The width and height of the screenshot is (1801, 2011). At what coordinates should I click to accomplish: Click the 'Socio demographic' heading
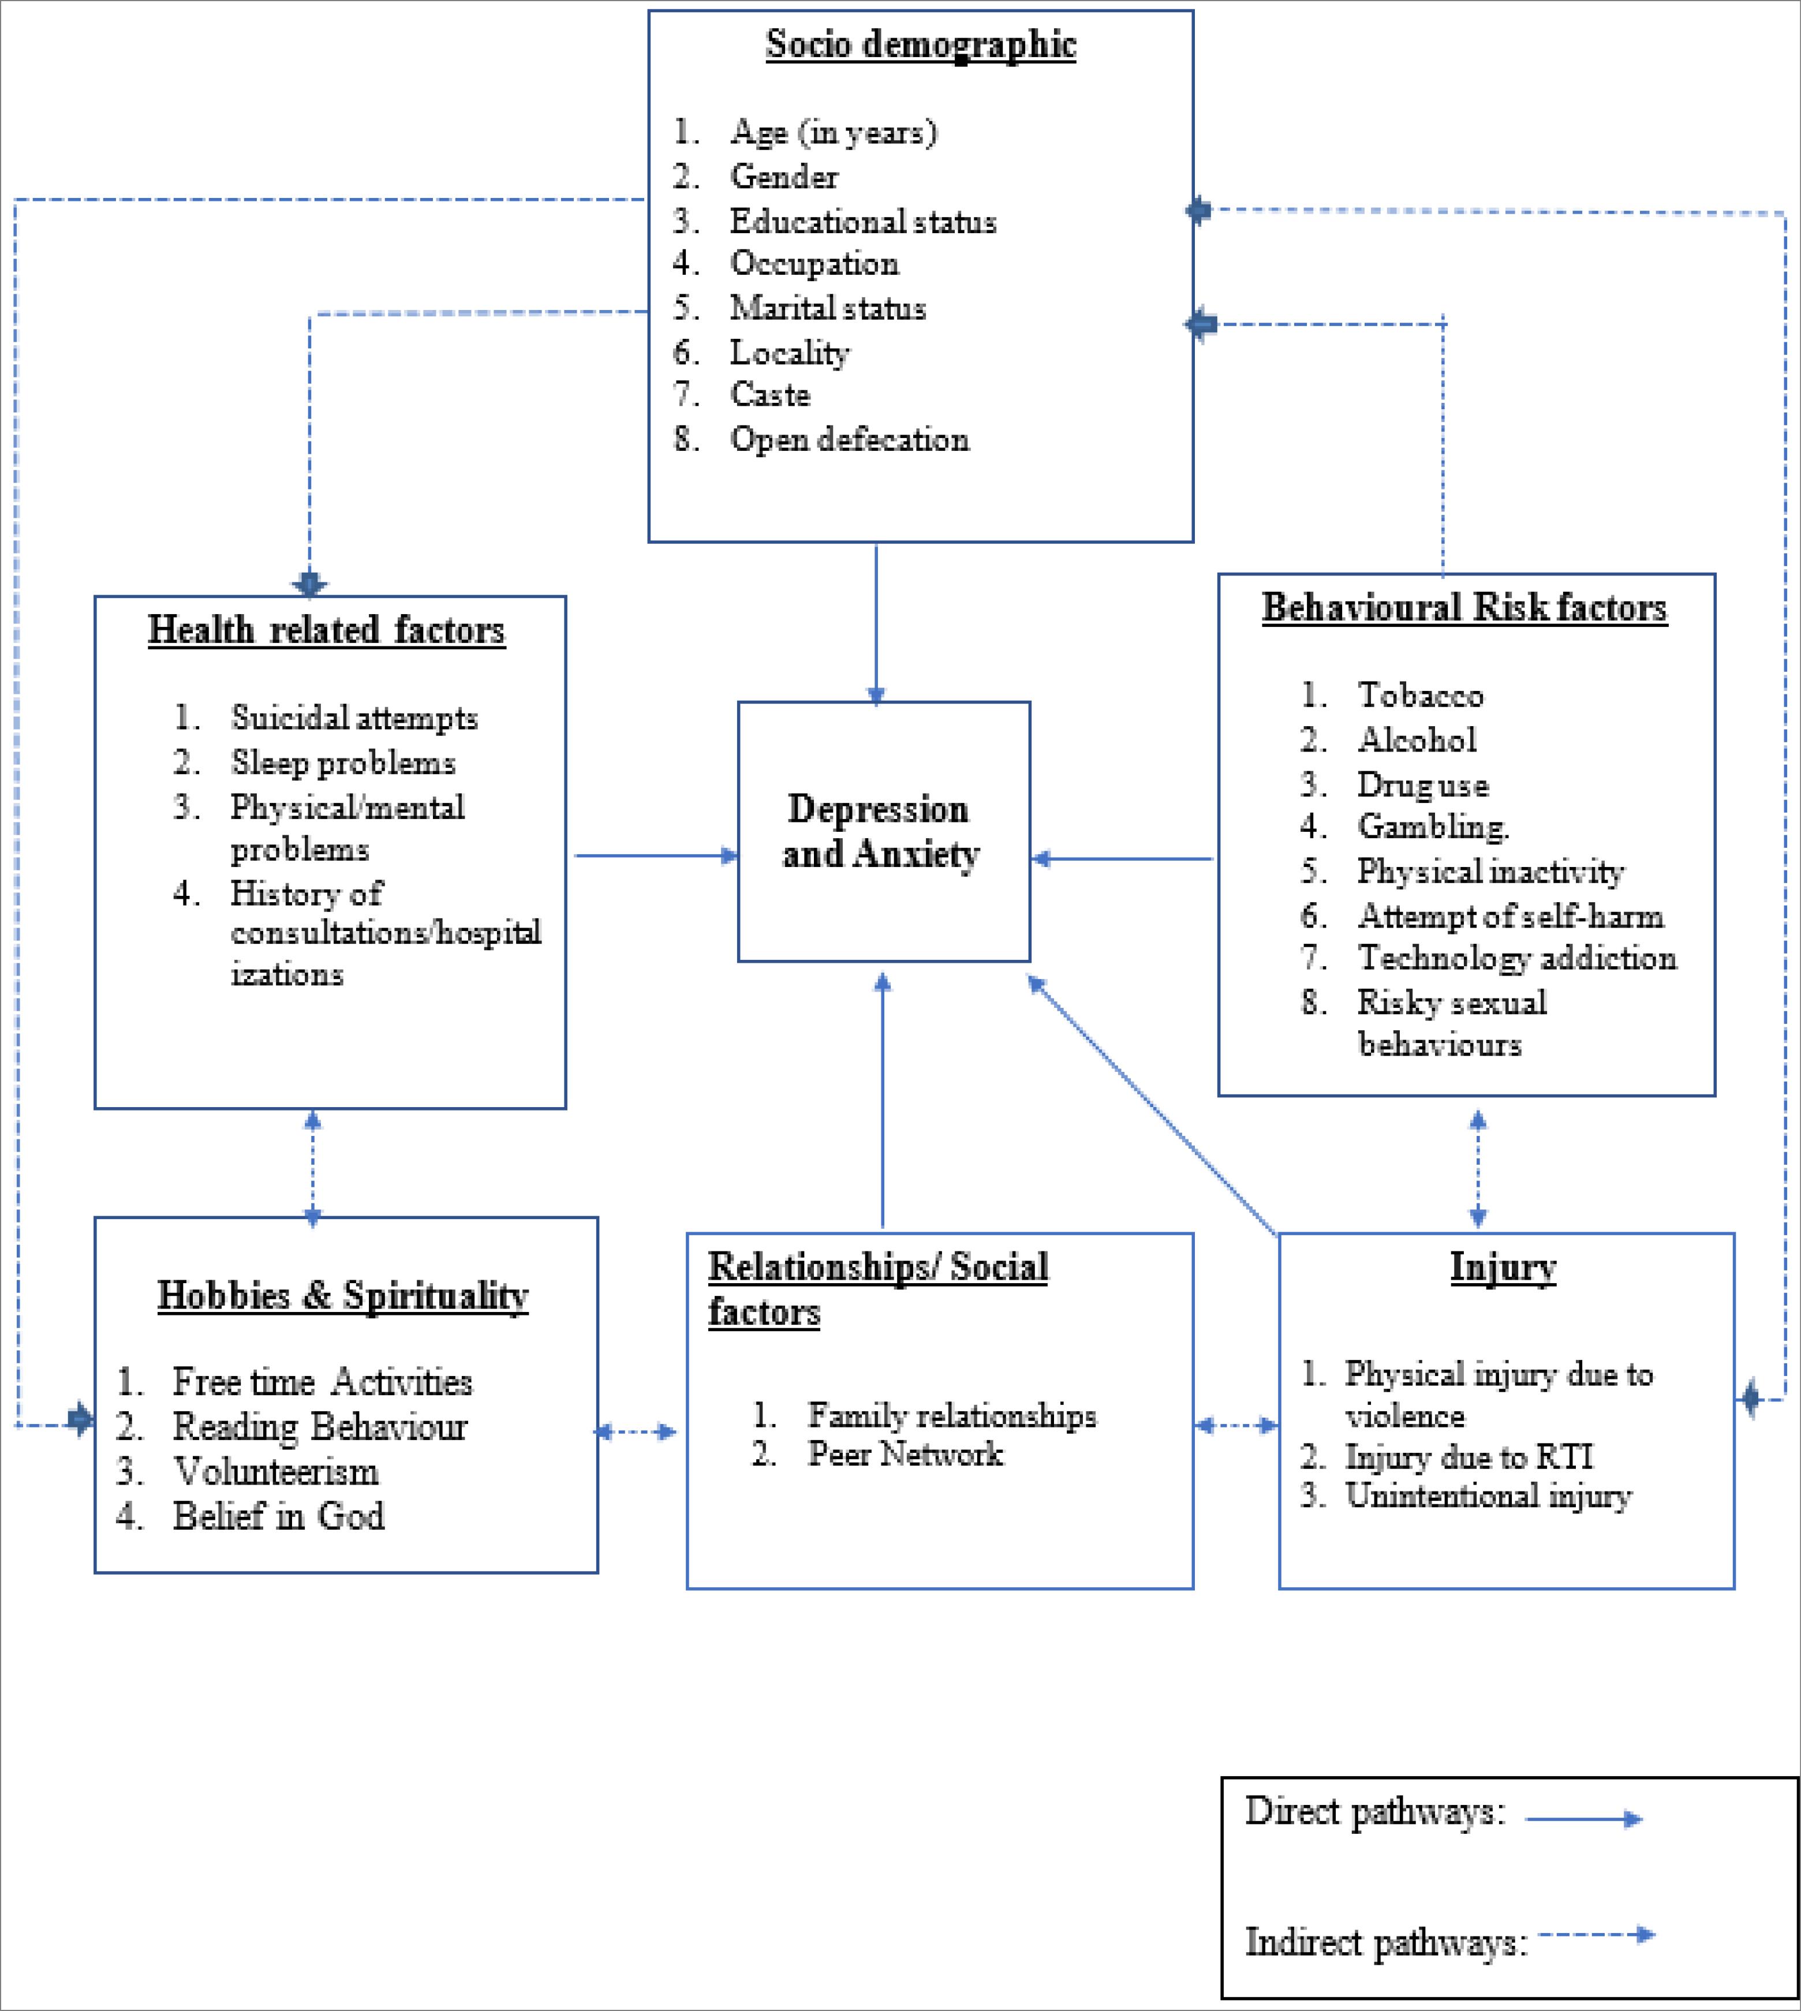tap(920, 44)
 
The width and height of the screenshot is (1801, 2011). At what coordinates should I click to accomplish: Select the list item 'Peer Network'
tap(905, 1454)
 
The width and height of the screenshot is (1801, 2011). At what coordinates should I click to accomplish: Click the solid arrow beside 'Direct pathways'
tap(1583, 1819)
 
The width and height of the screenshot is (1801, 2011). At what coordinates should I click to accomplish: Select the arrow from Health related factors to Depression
tap(656, 855)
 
